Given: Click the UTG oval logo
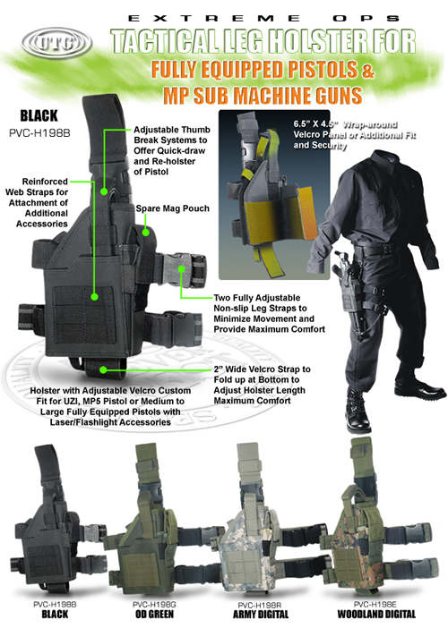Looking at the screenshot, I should (45, 40).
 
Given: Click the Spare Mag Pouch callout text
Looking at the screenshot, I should (172, 208).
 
